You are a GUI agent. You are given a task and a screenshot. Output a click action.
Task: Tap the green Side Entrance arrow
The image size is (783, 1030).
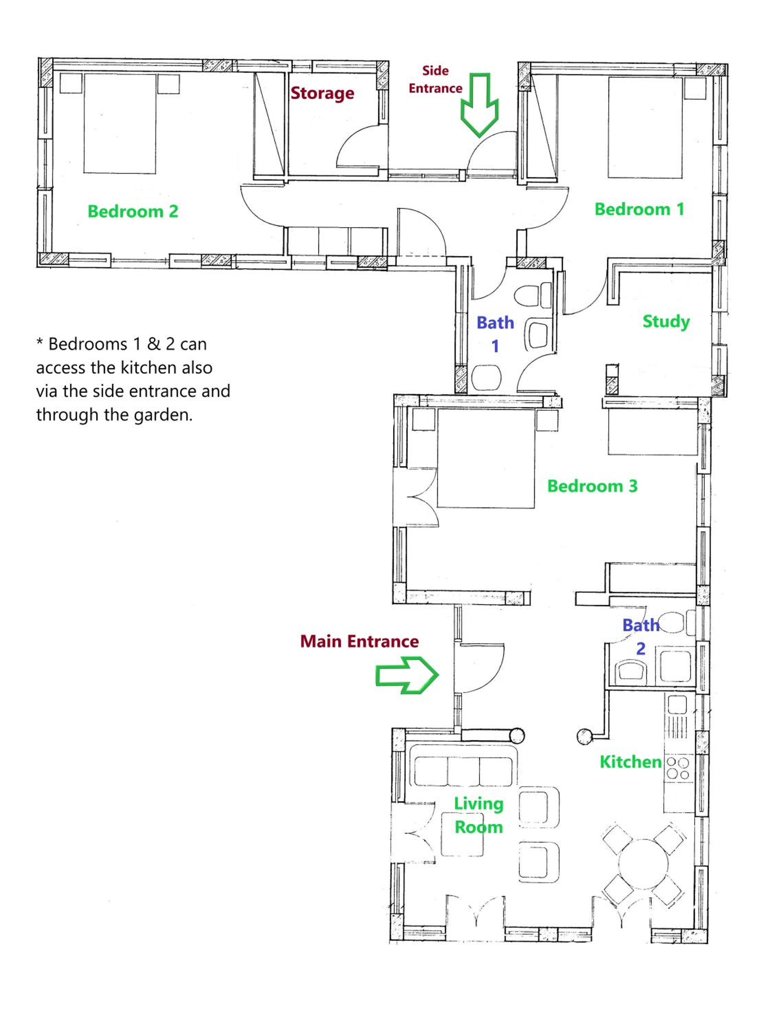coord(479,105)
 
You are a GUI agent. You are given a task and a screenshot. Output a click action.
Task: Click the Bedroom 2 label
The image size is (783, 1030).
coord(133,211)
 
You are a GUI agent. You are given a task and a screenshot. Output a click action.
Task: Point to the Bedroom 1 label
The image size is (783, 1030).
coord(639,209)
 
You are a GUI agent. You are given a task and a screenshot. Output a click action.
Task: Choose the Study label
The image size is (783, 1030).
coord(666,321)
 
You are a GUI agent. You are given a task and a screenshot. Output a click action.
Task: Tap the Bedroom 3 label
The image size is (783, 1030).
coord(592,486)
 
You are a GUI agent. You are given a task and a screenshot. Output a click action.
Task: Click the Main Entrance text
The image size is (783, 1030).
coord(359,641)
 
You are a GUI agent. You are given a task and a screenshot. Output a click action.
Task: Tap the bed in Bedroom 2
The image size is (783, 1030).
coord(119,123)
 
